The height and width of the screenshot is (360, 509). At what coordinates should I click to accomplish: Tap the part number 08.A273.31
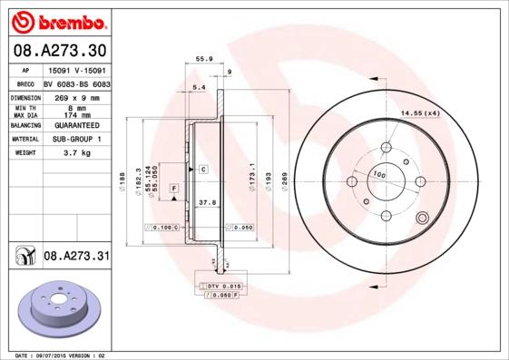[76, 257]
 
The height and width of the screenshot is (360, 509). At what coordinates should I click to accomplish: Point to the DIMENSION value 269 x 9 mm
[77, 97]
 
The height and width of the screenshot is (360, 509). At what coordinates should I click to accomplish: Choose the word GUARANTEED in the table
[77, 126]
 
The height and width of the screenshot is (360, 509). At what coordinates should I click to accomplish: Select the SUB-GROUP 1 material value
[77, 140]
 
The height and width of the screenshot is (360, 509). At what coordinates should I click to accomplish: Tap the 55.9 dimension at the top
[204, 59]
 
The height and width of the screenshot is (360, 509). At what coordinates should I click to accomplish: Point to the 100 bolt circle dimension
[379, 174]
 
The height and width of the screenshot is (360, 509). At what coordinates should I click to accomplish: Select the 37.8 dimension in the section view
[206, 204]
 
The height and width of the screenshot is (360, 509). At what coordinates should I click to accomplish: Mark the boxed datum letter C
[204, 170]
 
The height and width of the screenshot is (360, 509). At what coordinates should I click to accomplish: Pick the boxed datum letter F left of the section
[173, 188]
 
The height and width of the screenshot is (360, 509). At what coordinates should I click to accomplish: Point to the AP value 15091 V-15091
[77, 69]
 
